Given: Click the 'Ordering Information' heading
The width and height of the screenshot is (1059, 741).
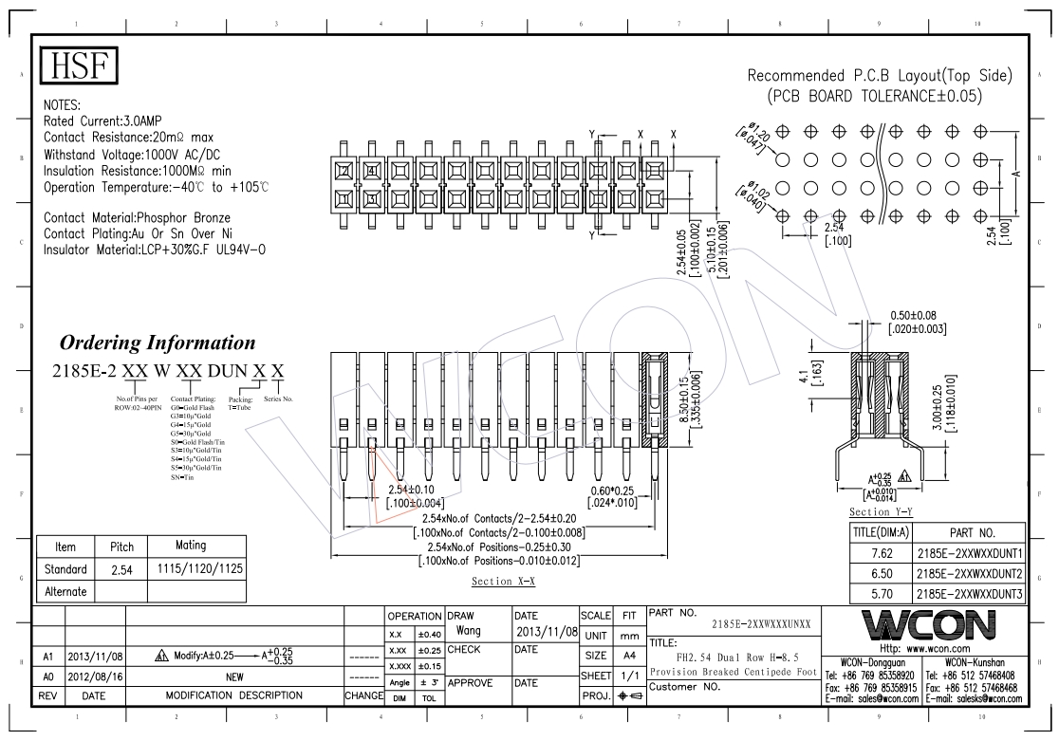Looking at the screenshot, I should coord(158,343).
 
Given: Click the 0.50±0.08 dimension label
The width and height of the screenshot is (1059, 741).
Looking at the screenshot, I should coord(917,315).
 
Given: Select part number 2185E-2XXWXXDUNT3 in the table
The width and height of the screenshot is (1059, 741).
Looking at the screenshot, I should coord(968,594).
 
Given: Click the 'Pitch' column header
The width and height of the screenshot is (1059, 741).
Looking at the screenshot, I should coord(121,546).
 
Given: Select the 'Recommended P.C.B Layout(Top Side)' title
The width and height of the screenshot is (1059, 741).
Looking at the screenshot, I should coord(880,76).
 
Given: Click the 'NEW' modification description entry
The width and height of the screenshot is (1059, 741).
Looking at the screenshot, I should coord(233,677).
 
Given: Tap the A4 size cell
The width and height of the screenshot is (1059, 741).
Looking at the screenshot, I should coord(627,656).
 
